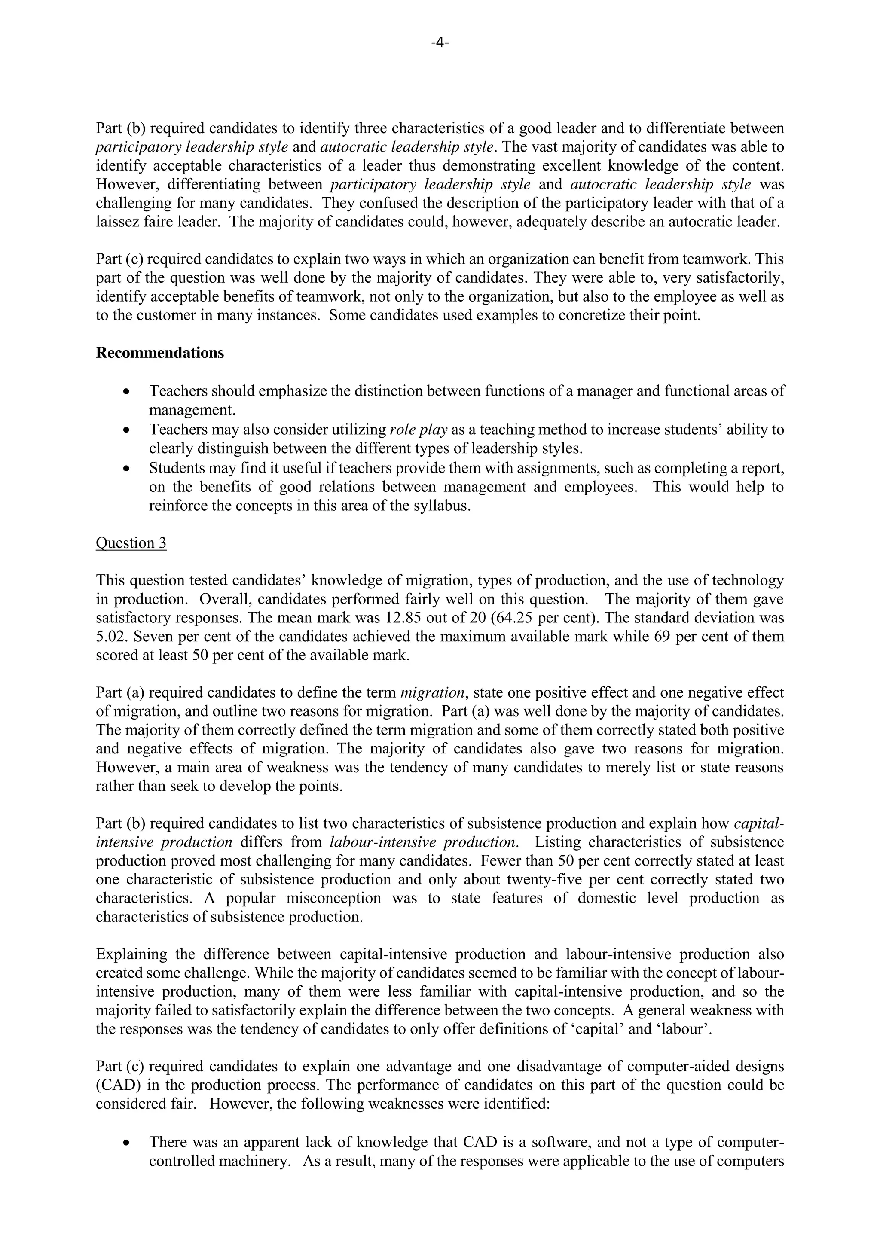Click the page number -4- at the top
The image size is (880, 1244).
coord(440,43)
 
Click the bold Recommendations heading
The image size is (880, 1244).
coord(160,353)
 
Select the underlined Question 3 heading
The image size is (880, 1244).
coord(131,543)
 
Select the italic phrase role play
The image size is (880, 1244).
coord(419,430)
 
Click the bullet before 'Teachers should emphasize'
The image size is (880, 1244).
coord(126,392)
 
